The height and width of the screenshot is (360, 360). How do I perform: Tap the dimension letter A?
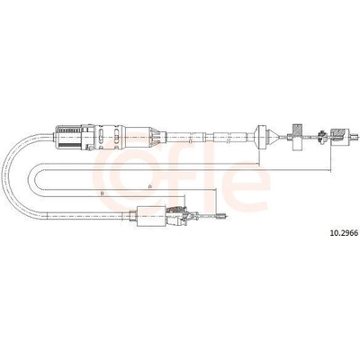[149, 186]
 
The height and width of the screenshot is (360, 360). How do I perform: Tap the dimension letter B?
[102, 193]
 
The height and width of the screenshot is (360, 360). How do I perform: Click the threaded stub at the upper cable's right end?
[355, 138]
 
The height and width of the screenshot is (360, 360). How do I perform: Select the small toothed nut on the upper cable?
[321, 136]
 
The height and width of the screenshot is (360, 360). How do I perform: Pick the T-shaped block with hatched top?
[295, 137]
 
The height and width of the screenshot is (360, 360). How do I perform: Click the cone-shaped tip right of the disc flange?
[273, 138]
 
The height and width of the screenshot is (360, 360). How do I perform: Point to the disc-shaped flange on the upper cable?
[260, 138]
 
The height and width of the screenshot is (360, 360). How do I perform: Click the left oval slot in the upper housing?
[101, 138]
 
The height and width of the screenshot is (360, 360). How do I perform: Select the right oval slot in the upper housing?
[116, 138]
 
